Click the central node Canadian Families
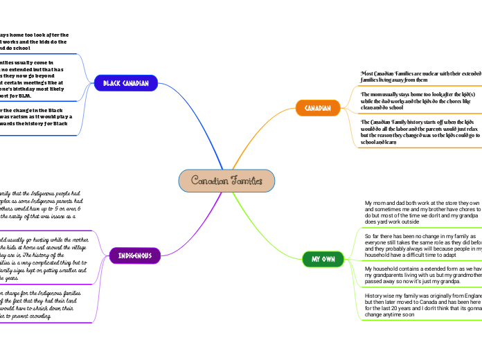click(x=226, y=180)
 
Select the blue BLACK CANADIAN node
click(x=125, y=83)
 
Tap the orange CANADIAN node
click(x=318, y=108)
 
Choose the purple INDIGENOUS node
click(x=135, y=255)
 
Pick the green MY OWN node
click(x=322, y=259)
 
